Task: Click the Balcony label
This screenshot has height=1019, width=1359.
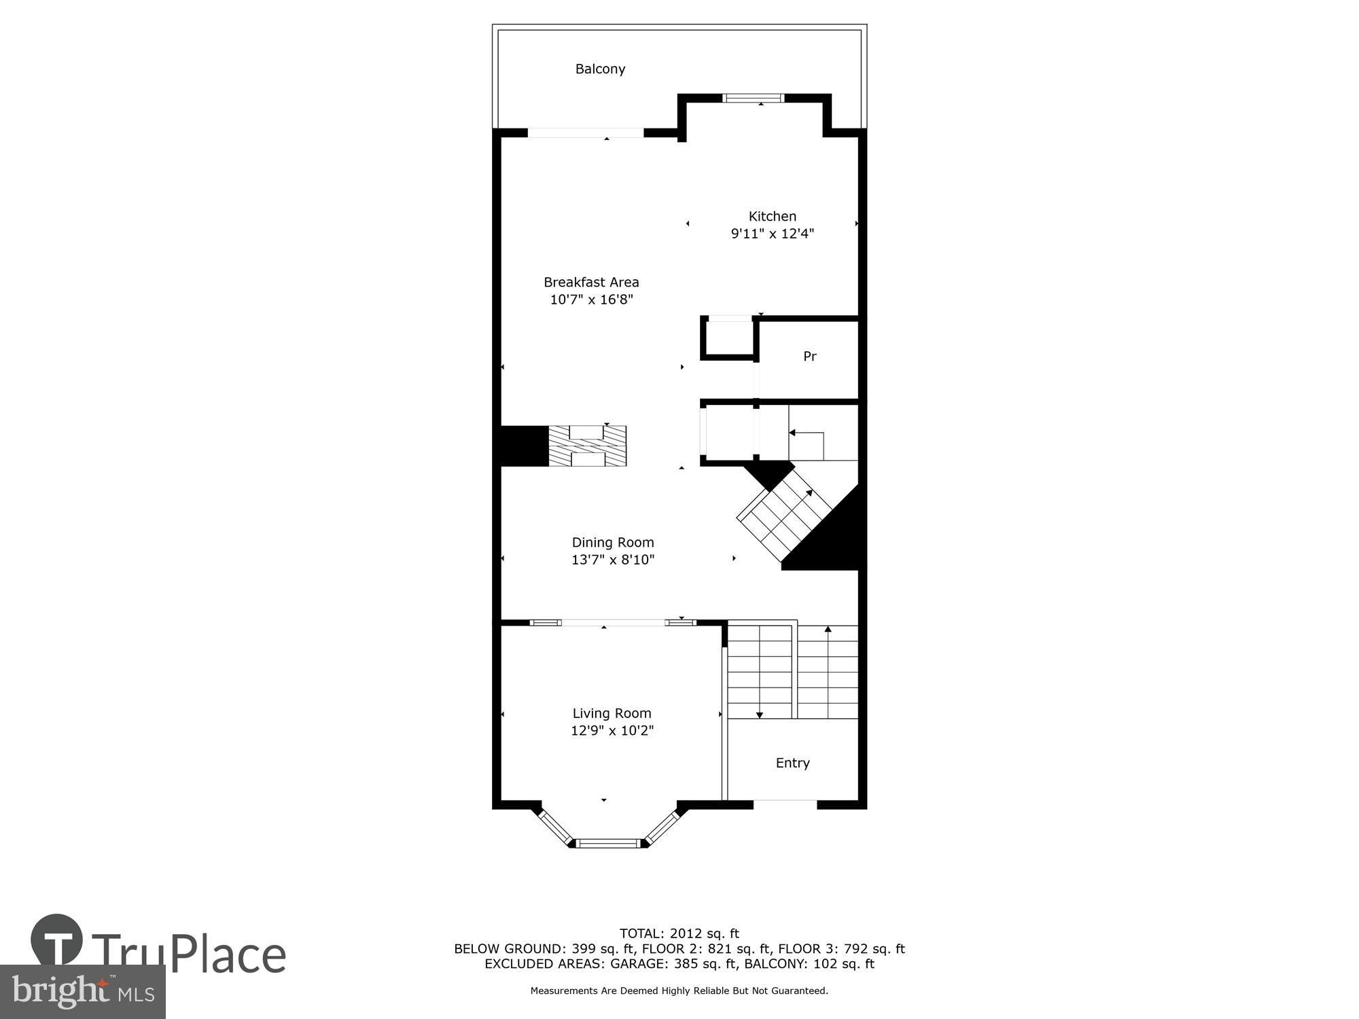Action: pyautogui.click(x=600, y=69)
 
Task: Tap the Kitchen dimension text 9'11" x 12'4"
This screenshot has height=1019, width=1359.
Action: pyautogui.click(x=772, y=234)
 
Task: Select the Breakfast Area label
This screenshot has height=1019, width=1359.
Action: pyautogui.click(x=591, y=282)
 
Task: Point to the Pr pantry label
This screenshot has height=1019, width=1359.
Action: pyautogui.click(x=809, y=356)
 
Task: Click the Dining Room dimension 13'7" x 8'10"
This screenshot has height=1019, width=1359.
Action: pyautogui.click(x=612, y=560)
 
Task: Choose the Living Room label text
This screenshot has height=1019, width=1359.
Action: pyautogui.click(x=612, y=713)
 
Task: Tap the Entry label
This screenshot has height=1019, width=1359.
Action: pyautogui.click(x=792, y=763)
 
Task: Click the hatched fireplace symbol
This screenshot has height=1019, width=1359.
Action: pyautogui.click(x=587, y=446)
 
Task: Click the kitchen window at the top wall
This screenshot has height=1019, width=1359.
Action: pyautogui.click(x=753, y=99)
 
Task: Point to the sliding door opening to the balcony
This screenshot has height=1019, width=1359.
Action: pyautogui.click(x=586, y=133)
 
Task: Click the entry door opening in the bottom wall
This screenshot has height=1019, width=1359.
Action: pyautogui.click(x=785, y=804)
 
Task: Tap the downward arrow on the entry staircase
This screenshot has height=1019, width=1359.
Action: pyautogui.click(x=760, y=713)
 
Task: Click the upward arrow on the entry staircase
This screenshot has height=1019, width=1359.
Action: pyautogui.click(x=828, y=630)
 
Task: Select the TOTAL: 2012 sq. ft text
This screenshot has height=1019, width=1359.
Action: pyautogui.click(x=679, y=933)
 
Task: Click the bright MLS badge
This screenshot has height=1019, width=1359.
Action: pyautogui.click(x=82, y=992)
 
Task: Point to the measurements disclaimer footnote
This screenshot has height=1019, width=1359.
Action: pyautogui.click(x=679, y=991)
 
